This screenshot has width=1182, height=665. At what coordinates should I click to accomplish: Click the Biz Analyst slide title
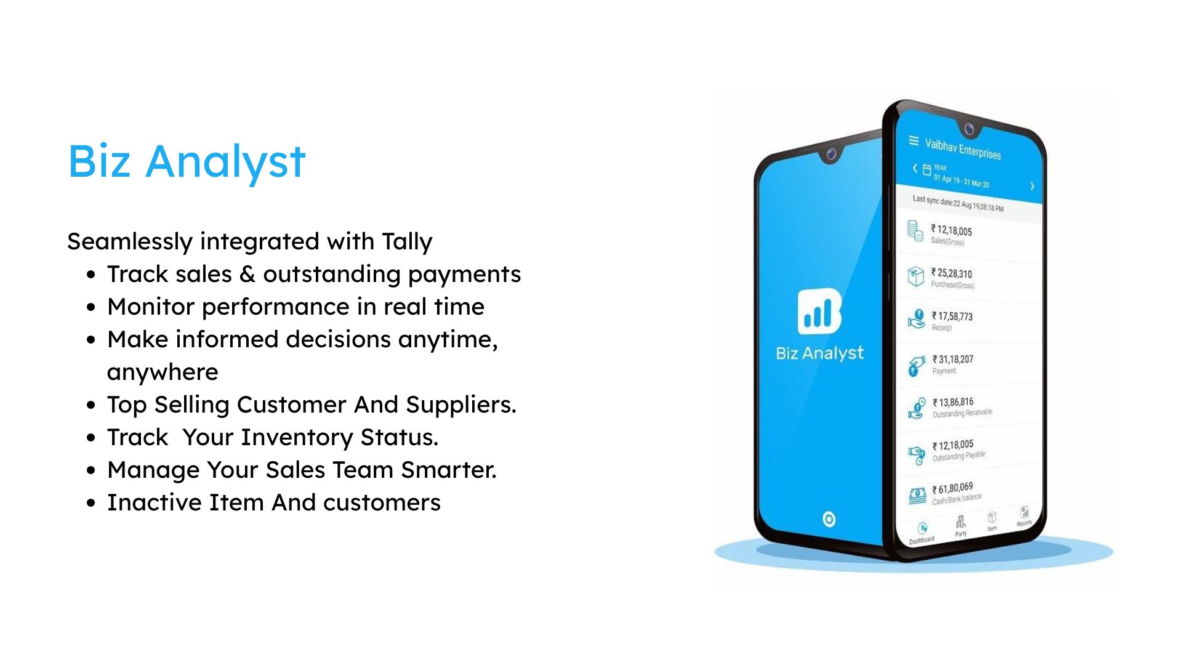(x=186, y=161)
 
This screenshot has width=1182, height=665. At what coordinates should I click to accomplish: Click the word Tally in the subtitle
(x=406, y=241)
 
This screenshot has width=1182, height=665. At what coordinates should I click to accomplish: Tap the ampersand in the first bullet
(x=247, y=275)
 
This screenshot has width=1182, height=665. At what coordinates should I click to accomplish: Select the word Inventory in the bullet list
(x=296, y=438)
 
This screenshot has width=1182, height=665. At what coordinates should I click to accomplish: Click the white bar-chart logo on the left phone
(x=819, y=311)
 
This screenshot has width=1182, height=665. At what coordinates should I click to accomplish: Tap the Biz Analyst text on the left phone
(x=819, y=353)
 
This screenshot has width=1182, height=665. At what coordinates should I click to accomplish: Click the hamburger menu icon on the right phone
(x=914, y=141)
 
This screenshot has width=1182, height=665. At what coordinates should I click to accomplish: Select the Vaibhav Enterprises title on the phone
(x=963, y=149)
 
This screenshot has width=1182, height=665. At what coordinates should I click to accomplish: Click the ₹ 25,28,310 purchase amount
(x=952, y=273)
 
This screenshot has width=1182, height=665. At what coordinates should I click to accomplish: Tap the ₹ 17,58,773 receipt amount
(x=952, y=316)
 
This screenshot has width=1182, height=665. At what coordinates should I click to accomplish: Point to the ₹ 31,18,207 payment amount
(x=953, y=359)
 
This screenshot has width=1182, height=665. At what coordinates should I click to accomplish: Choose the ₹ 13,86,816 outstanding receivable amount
(x=953, y=402)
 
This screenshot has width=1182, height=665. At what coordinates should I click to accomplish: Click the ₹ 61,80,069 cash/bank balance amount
(x=952, y=489)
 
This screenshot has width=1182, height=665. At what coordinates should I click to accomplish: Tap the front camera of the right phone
(x=969, y=129)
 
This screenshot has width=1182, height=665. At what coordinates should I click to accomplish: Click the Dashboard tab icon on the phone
(x=922, y=529)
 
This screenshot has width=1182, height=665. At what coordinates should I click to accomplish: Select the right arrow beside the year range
(x=1032, y=186)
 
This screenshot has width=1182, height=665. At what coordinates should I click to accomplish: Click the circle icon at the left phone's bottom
(x=829, y=519)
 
